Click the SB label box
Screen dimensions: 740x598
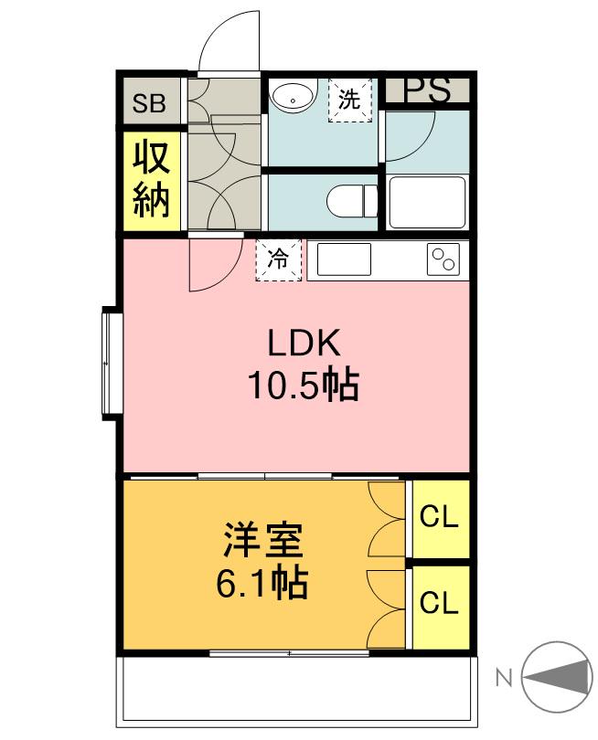(149, 102)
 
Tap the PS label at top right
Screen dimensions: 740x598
(427, 90)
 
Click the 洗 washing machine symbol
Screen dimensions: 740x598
(350, 100)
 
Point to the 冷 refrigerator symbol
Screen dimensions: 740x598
(278, 259)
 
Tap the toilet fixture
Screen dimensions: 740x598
(353, 200)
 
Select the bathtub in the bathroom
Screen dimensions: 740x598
(427, 202)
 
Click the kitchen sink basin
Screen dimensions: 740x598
(344, 259)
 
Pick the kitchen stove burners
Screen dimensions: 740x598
(443, 259)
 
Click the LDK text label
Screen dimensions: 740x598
(304, 344)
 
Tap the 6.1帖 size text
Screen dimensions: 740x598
(262, 582)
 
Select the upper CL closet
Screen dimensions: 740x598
(439, 518)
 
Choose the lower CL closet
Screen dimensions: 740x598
(439, 604)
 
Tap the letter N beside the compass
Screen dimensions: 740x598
(503, 678)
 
